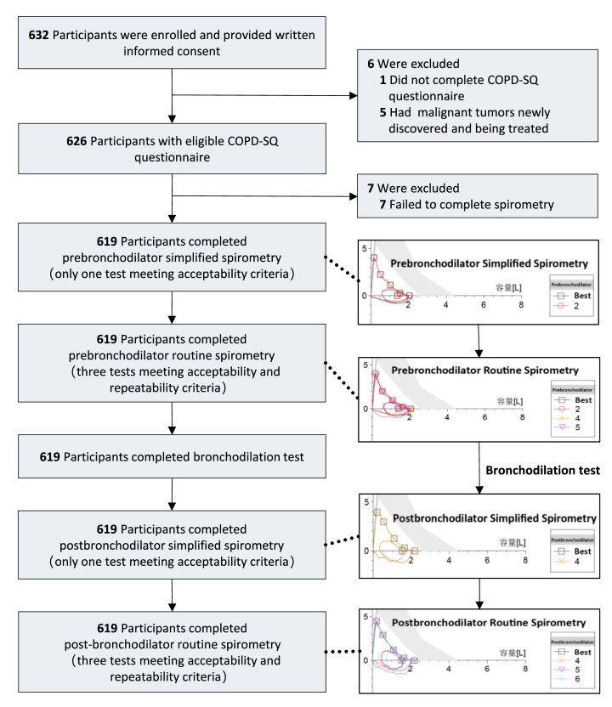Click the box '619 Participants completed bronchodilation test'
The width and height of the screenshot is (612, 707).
pos(173,457)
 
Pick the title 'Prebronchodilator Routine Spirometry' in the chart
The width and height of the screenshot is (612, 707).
pos(485,370)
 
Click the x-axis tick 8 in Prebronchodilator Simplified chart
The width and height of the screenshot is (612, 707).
pos(521,305)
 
